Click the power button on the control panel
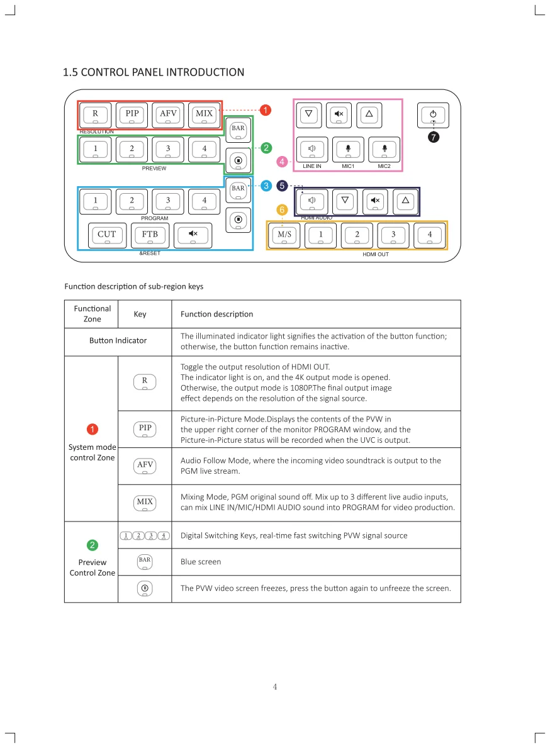pos(433,115)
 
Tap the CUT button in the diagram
pos(107,235)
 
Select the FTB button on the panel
pos(150,235)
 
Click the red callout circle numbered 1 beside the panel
pos(266,110)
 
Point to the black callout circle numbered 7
pos(433,137)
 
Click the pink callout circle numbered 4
pos(282,162)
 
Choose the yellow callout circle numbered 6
pos(282,209)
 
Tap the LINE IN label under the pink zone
pos(312,167)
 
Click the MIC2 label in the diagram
pos(384,167)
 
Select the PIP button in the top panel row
pos(132,114)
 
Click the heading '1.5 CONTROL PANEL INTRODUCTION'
pos(154,72)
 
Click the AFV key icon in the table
pos(145,466)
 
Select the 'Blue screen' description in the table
pos(201,562)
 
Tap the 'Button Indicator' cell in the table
pos(118,341)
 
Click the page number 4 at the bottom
pos(275,686)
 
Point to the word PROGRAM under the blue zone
pos(154,218)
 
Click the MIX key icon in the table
pos(145,502)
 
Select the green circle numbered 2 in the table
pos(93,545)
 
